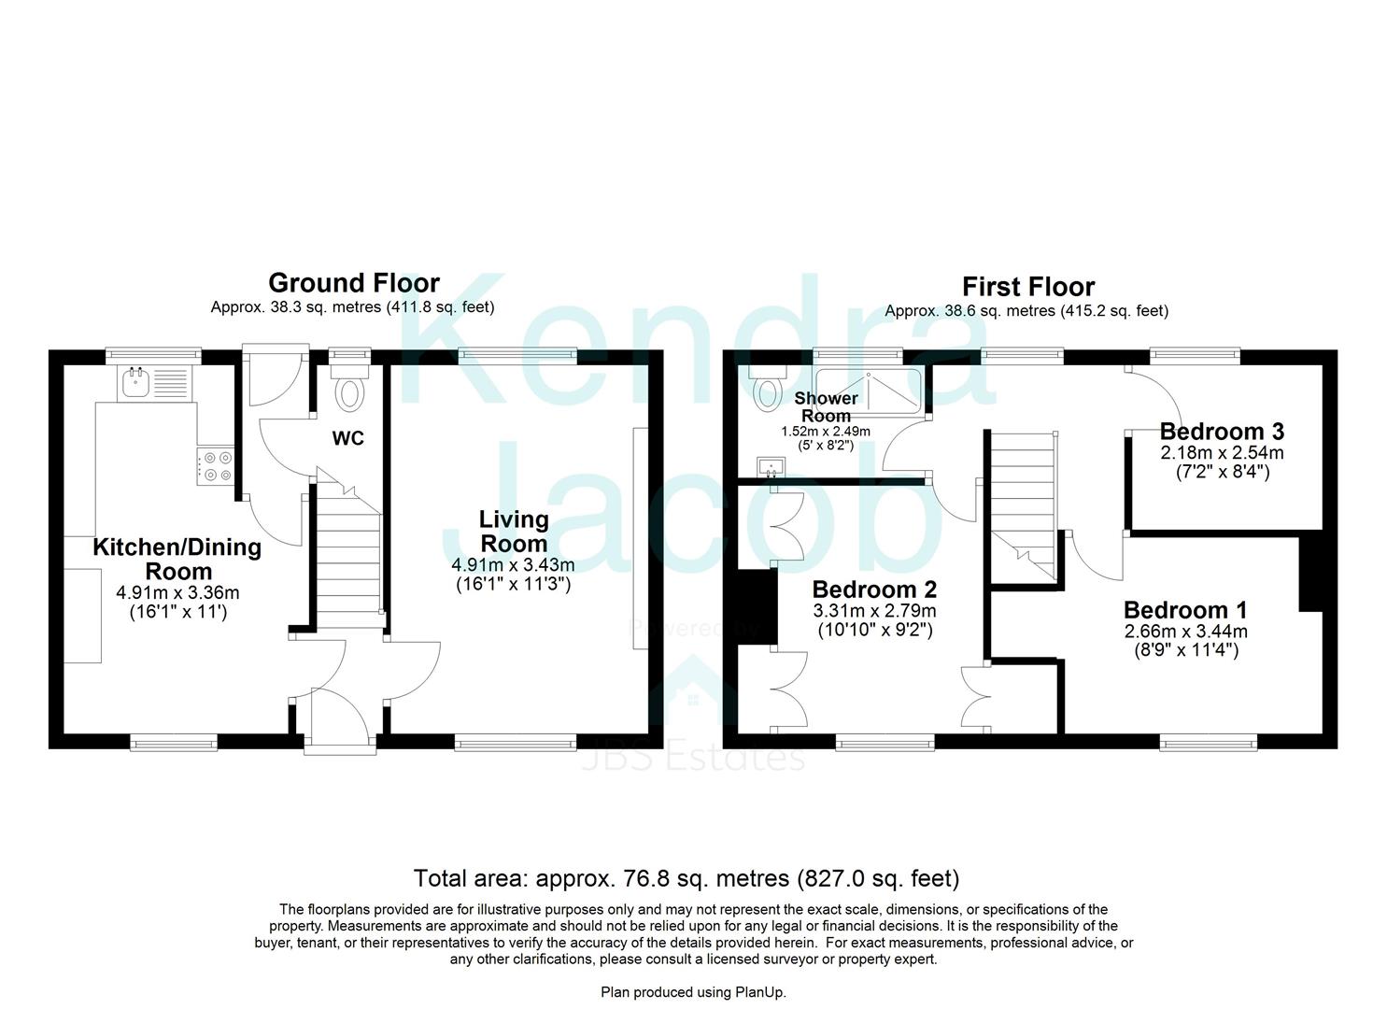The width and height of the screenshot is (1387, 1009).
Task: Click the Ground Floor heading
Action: coord(353,283)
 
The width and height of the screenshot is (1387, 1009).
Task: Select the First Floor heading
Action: coord(1027,287)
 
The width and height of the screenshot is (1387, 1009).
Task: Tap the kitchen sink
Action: coord(138,380)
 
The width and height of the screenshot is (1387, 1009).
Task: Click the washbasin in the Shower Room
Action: coord(773,465)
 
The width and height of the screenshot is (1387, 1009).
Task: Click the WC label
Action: coord(348,438)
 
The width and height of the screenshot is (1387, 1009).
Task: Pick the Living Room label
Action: coord(513,532)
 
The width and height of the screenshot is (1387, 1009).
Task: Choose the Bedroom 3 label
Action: coord(1221,432)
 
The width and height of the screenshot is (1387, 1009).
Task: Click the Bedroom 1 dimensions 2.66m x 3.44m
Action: coord(1185,632)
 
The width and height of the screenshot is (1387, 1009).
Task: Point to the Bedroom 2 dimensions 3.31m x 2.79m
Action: coord(874,611)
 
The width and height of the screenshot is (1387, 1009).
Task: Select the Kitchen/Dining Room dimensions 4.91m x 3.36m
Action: coord(177,592)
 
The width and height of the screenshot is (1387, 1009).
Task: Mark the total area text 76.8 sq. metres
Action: coord(686,878)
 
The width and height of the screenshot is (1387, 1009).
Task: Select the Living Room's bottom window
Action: coord(515,743)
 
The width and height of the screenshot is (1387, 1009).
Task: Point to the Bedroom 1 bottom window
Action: coord(1208,743)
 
